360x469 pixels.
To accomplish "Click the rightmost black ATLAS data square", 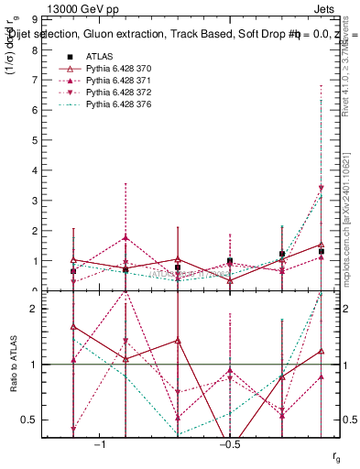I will (x=322, y=251).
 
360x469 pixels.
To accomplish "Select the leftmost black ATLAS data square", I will (x=73, y=271).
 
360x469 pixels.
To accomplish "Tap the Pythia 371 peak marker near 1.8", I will (x=125, y=237).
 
